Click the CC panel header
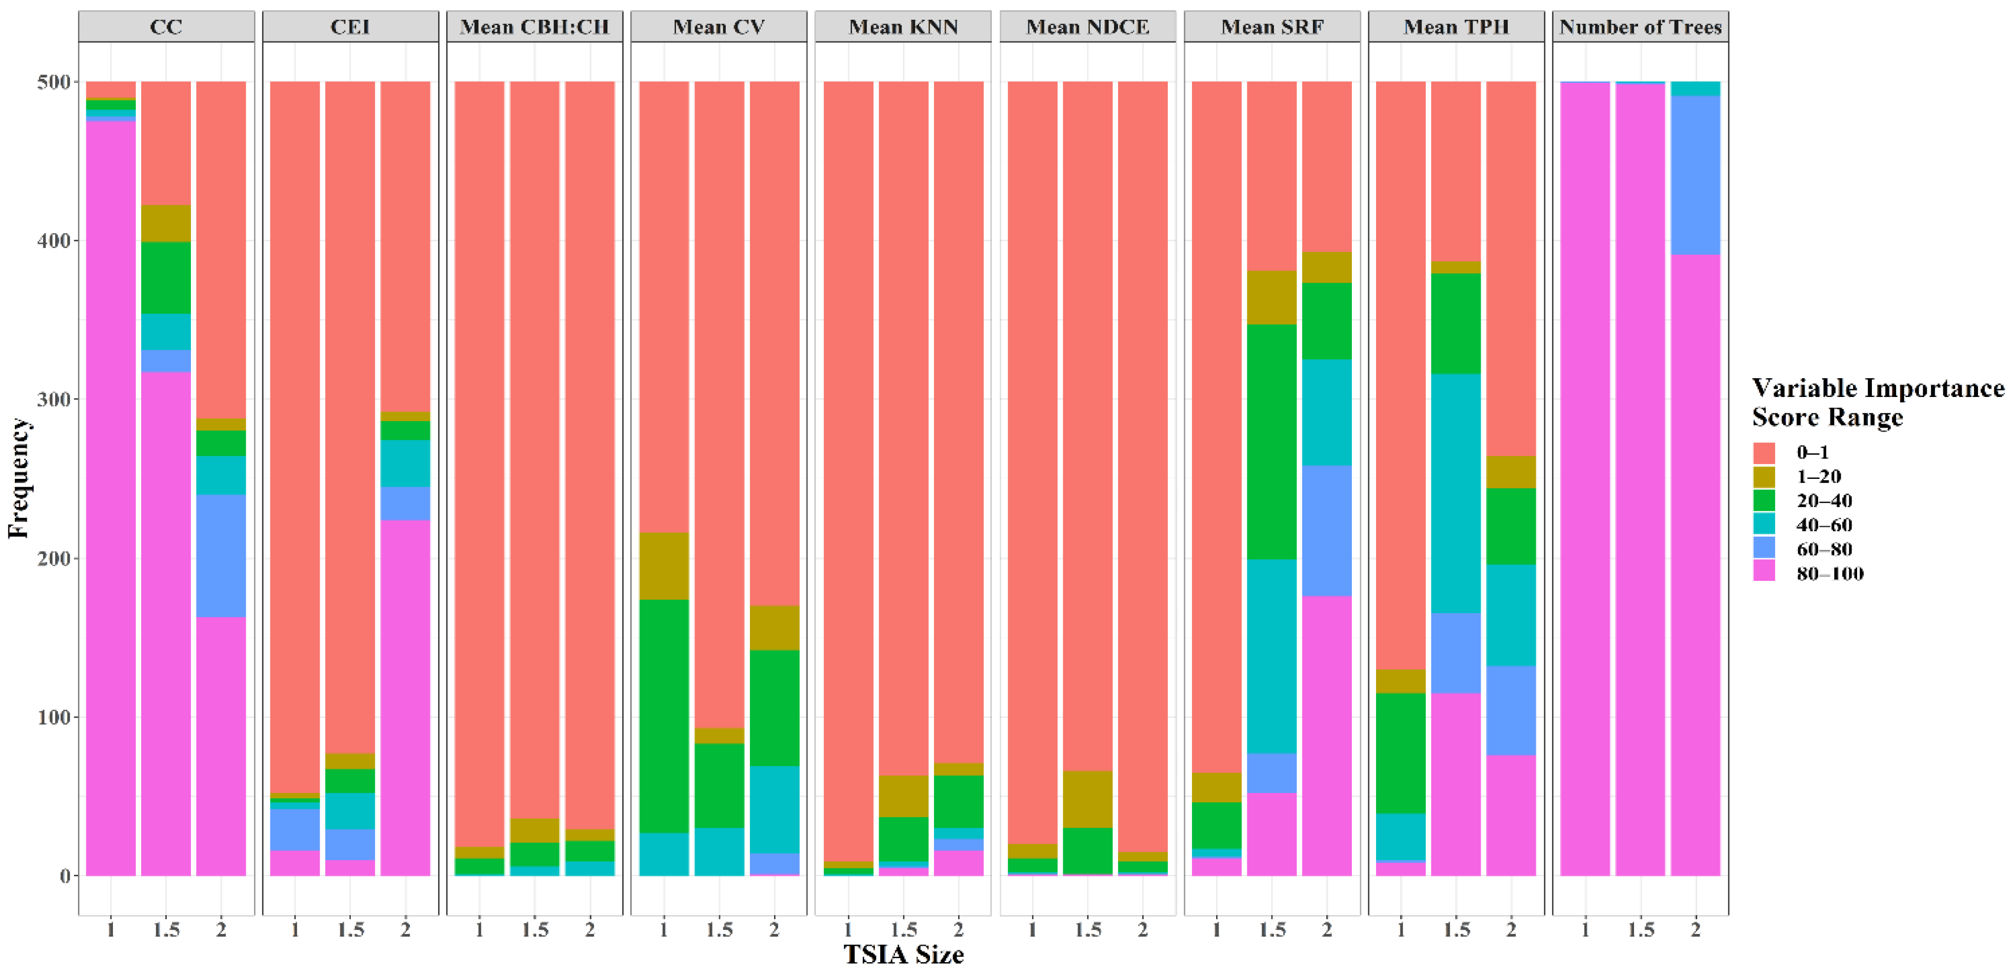tap(166, 27)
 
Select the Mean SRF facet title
tap(1271, 27)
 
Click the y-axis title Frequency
tap(19, 478)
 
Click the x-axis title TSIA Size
tap(903, 954)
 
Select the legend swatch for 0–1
tap(1764, 452)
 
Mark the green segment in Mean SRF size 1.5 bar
tap(1271, 441)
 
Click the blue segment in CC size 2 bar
tap(221, 556)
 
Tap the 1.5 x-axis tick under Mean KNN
tap(903, 929)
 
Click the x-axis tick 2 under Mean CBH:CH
tap(590, 929)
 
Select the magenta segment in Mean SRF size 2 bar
tap(1326, 735)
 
